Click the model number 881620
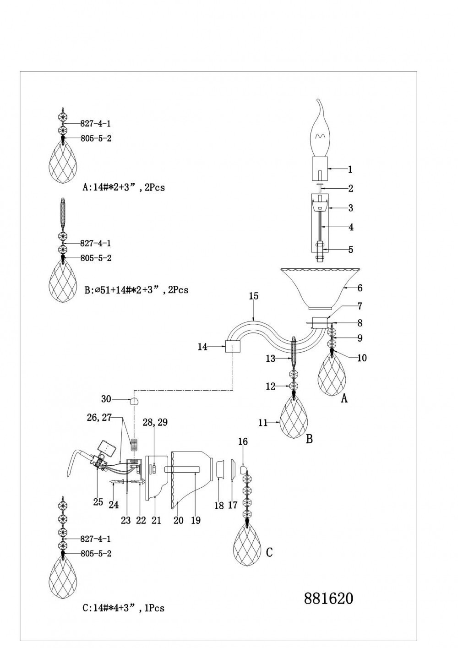click(x=328, y=598)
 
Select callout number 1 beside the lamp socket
click(x=350, y=169)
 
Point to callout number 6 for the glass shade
click(x=360, y=288)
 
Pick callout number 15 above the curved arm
click(x=254, y=296)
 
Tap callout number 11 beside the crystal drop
click(x=262, y=423)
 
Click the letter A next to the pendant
click(x=344, y=399)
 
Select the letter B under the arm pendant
click(x=309, y=439)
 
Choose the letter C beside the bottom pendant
click(x=269, y=552)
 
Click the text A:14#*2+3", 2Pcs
click(x=123, y=187)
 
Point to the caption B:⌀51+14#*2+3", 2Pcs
click(x=136, y=290)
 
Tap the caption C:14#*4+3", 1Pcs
click(x=123, y=608)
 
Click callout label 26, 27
click(x=99, y=417)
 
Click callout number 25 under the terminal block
click(x=98, y=502)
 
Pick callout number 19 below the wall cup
click(x=196, y=520)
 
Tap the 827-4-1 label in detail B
click(x=95, y=244)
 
